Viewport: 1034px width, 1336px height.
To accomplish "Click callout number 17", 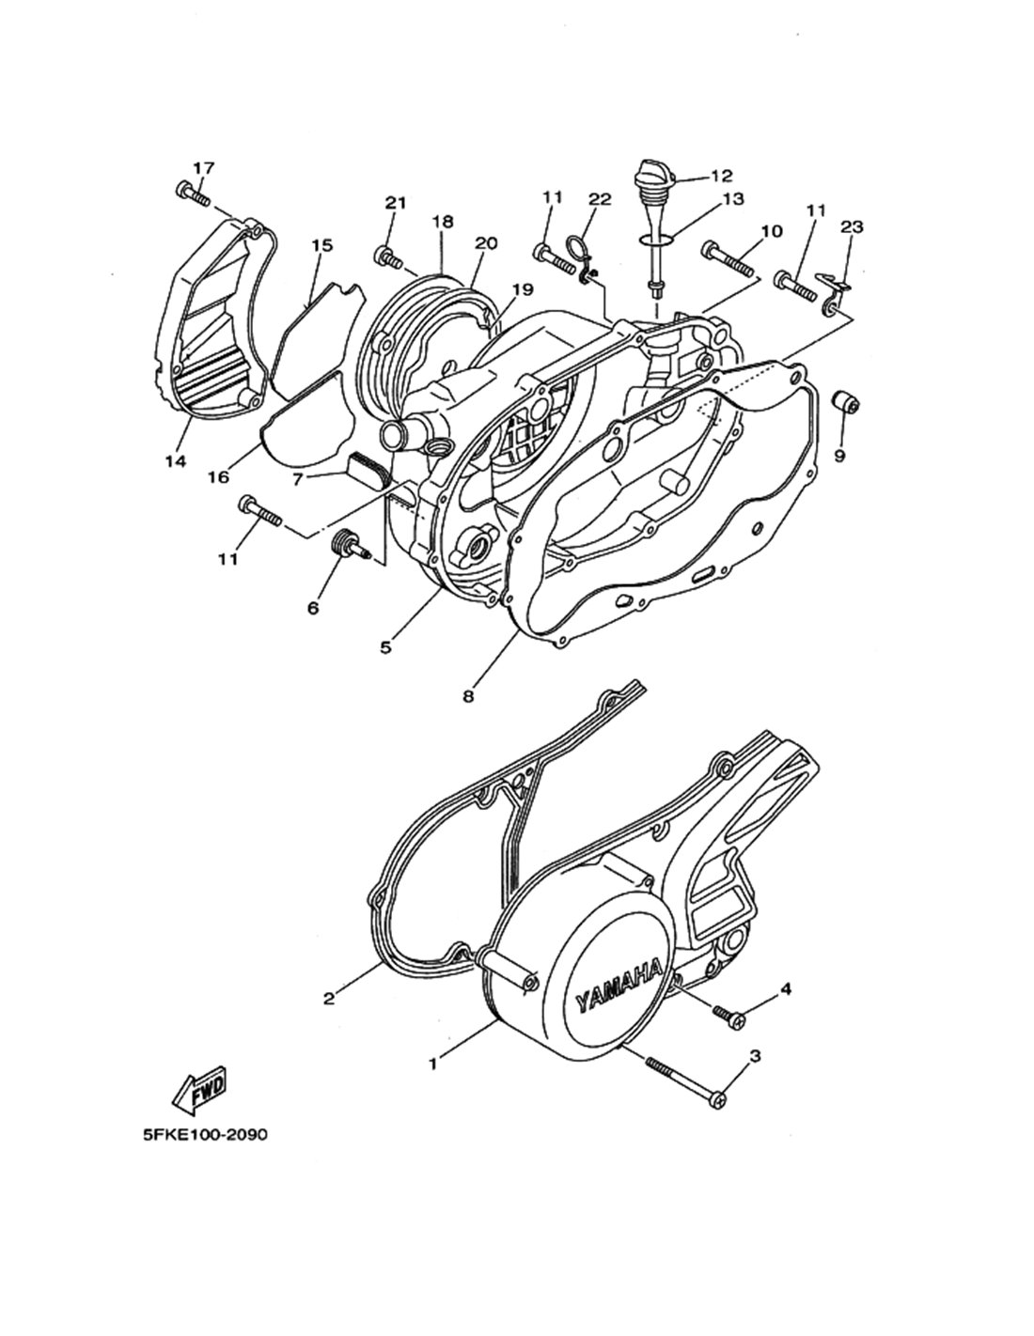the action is pos(204,167).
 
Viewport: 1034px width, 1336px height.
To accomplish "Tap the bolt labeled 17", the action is pos(193,194).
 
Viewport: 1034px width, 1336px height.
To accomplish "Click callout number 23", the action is pos(852,226).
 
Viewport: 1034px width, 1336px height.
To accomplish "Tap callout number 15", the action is pos(321,245).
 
